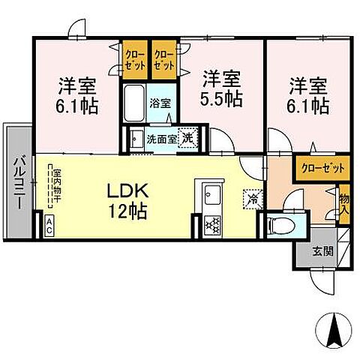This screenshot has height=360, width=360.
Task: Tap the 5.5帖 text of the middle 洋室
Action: point(220,97)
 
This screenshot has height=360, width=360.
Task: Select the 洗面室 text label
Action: point(160,139)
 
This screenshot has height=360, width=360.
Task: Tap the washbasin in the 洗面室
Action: point(136,140)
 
